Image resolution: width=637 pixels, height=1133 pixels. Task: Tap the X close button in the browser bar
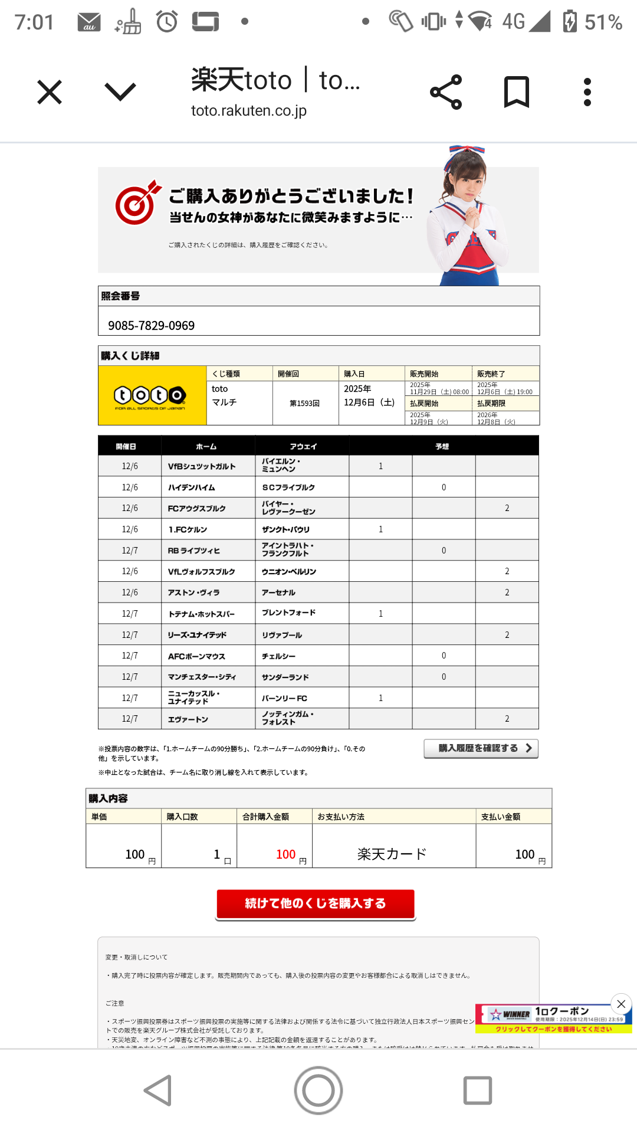pos(50,93)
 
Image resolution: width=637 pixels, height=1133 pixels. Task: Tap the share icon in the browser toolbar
pos(446,92)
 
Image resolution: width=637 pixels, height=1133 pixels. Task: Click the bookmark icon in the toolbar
pos(517,92)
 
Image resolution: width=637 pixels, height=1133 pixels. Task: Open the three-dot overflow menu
pos(587,92)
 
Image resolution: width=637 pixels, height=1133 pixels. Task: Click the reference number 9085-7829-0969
pos(152,326)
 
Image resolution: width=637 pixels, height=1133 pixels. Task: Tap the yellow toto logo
pos(152,396)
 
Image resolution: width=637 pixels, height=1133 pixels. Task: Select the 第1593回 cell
pos(305,404)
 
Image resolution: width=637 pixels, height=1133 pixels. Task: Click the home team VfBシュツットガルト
pos(202,467)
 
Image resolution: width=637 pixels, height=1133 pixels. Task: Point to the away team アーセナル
pos(279,592)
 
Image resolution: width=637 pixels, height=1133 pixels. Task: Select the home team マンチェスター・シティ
pos(202,677)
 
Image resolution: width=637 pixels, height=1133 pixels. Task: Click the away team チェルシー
pos(279,656)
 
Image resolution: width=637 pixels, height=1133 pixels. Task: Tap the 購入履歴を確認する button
pos(481,748)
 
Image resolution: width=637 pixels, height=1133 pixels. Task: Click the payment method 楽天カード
pos(392,854)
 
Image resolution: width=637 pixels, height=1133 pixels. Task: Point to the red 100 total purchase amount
pos(286,854)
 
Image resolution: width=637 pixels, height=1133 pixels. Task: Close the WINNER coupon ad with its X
pos(621,1004)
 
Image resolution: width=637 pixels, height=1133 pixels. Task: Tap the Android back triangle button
pos(159,1090)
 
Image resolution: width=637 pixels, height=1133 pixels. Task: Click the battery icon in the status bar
pos(570,22)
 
